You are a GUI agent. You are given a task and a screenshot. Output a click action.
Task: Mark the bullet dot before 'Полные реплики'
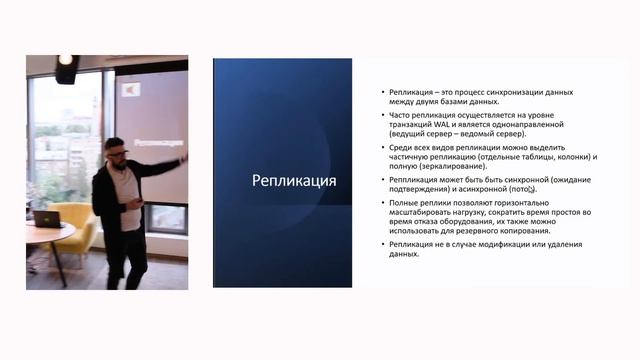383,202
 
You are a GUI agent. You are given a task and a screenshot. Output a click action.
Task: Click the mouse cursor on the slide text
531,188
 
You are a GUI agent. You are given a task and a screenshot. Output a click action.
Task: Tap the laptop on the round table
45,217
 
